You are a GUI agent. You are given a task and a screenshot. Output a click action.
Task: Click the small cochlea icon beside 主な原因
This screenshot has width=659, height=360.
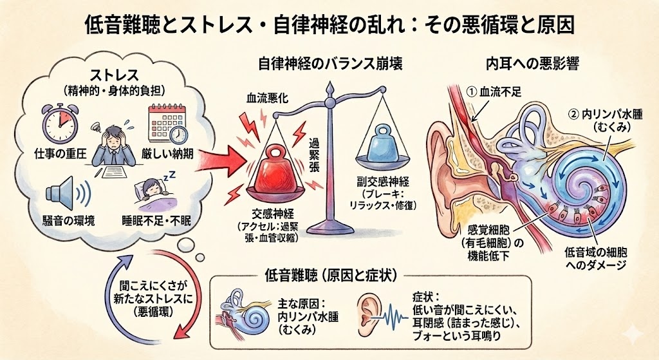coord(241,314)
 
